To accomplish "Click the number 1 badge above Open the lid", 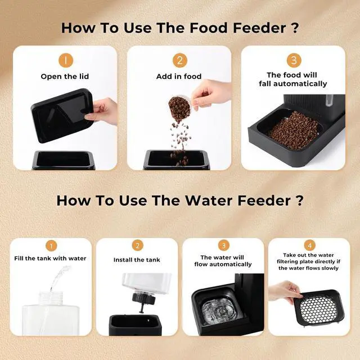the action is pos(66,60).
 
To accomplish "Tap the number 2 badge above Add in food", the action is pos(180,60).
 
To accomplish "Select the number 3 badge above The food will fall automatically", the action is pos(294,60).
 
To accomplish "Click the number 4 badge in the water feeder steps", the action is pos(309,246).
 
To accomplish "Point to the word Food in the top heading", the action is pos(209,28).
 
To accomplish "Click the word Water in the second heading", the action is pos(209,200).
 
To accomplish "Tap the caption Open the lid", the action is pos(65,76).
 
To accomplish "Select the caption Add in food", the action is pos(179,76).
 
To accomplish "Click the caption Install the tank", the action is pos(137,260).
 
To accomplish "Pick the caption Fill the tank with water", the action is pos(50,258).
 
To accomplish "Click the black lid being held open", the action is pos(62,115).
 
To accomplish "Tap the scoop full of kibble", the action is pos(180,109).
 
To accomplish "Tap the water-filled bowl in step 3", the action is pos(221,309).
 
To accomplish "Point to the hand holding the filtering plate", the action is pos(283,291).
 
